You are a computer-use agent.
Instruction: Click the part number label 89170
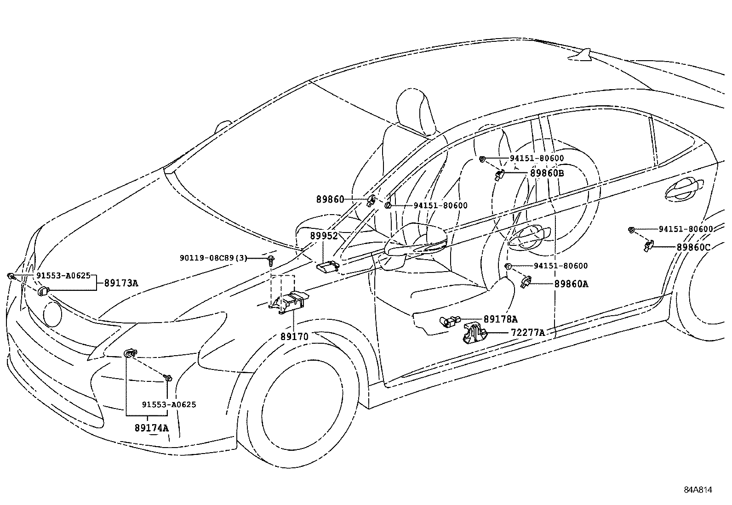[294, 337]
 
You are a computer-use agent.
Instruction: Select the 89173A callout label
[121, 283]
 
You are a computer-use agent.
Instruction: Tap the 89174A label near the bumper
[152, 428]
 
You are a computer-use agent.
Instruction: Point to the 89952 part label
[324, 236]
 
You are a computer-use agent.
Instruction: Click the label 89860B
[547, 173]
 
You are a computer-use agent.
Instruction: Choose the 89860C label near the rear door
[693, 247]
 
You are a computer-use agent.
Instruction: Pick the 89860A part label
[571, 284]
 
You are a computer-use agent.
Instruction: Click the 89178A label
[500, 319]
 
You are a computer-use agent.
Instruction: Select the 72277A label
[527, 332]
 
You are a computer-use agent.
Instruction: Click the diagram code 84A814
[698, 489]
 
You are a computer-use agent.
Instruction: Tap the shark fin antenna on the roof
[581, 55]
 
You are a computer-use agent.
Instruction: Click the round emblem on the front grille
[52, 314]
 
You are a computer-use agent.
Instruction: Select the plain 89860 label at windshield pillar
[330, 199]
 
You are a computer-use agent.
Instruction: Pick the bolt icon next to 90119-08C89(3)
[271, 260]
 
